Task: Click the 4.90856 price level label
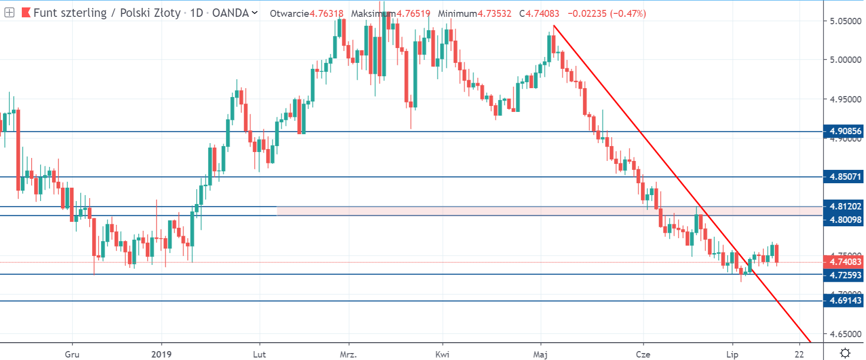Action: (845, 131)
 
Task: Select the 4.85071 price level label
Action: (845, 177)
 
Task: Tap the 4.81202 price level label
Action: (845, 206)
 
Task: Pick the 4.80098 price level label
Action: (845, 219)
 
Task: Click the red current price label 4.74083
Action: (845, 262)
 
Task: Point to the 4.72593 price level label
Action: (845, 275)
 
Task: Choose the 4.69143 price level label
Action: (845, 301)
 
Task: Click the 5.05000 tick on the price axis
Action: (845, 21)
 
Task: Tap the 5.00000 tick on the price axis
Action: (845, 60)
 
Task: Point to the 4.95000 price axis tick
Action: (845, 100)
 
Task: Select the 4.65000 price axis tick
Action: (845, 334)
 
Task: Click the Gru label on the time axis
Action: (72, 354)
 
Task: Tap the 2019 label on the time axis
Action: (162, 354)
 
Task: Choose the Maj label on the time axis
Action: (541, 354)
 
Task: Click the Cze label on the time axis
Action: (643, 354)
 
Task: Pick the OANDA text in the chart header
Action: (230, 13)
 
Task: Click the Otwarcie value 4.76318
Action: (326, 13)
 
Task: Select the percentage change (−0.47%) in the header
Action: (628, 13)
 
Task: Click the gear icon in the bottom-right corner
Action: (845, 353)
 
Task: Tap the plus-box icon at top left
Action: (9, 13)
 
